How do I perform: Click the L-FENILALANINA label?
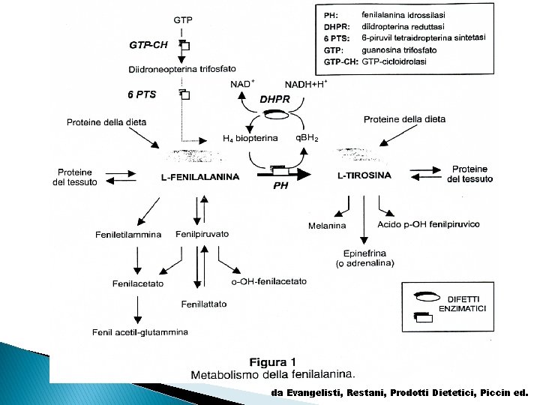click(x=200, y=177)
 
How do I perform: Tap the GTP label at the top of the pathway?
click(x=182, y=19)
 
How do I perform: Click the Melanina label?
click(x=327, y=226)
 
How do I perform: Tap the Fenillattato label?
click(x=203, y=304)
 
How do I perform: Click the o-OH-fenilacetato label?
click(x=269, y=281)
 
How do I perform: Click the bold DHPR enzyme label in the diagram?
click(x=273, y=99)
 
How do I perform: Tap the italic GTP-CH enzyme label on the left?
click(x=148, y=44)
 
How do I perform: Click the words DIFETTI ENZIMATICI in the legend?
click(x=466, y=304)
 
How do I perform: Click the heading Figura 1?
click(x=274, y=359)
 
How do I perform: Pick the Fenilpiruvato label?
click(x=202, y=234)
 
